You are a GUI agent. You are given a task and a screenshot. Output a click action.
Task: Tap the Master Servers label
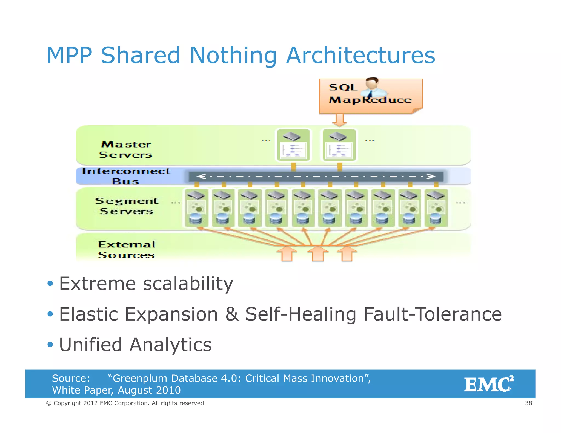coord(125,149)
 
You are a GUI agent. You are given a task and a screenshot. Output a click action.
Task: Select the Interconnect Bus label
coord(126,176)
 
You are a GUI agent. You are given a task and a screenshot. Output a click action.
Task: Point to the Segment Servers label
coord(127,206)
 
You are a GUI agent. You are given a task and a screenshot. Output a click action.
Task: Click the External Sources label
coord(127,250)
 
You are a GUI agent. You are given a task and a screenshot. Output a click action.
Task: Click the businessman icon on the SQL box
coord(373,87)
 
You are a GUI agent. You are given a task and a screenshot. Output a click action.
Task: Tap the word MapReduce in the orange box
coord(370,100)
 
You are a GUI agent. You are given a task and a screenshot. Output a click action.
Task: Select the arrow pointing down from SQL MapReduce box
coord(340,120)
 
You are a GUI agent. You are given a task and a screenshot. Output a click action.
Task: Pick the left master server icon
coord(293,145)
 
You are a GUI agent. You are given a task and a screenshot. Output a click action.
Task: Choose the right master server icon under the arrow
coord(339,145)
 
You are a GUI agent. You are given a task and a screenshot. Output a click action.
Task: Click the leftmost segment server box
coord(196,208)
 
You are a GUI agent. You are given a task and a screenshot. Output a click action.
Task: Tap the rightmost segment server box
coord(436,208)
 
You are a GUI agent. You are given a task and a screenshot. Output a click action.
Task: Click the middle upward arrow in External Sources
coord(318,253)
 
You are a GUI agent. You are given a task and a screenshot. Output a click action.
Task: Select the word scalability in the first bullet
coord(188,284)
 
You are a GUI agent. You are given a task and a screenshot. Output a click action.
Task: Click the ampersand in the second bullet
coord(232,314)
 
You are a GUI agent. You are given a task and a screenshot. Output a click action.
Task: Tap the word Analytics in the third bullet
coord(170,345)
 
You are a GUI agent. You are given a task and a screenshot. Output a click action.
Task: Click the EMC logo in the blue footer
coord(489,384)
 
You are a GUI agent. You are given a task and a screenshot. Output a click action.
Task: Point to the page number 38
coord(528,403)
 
